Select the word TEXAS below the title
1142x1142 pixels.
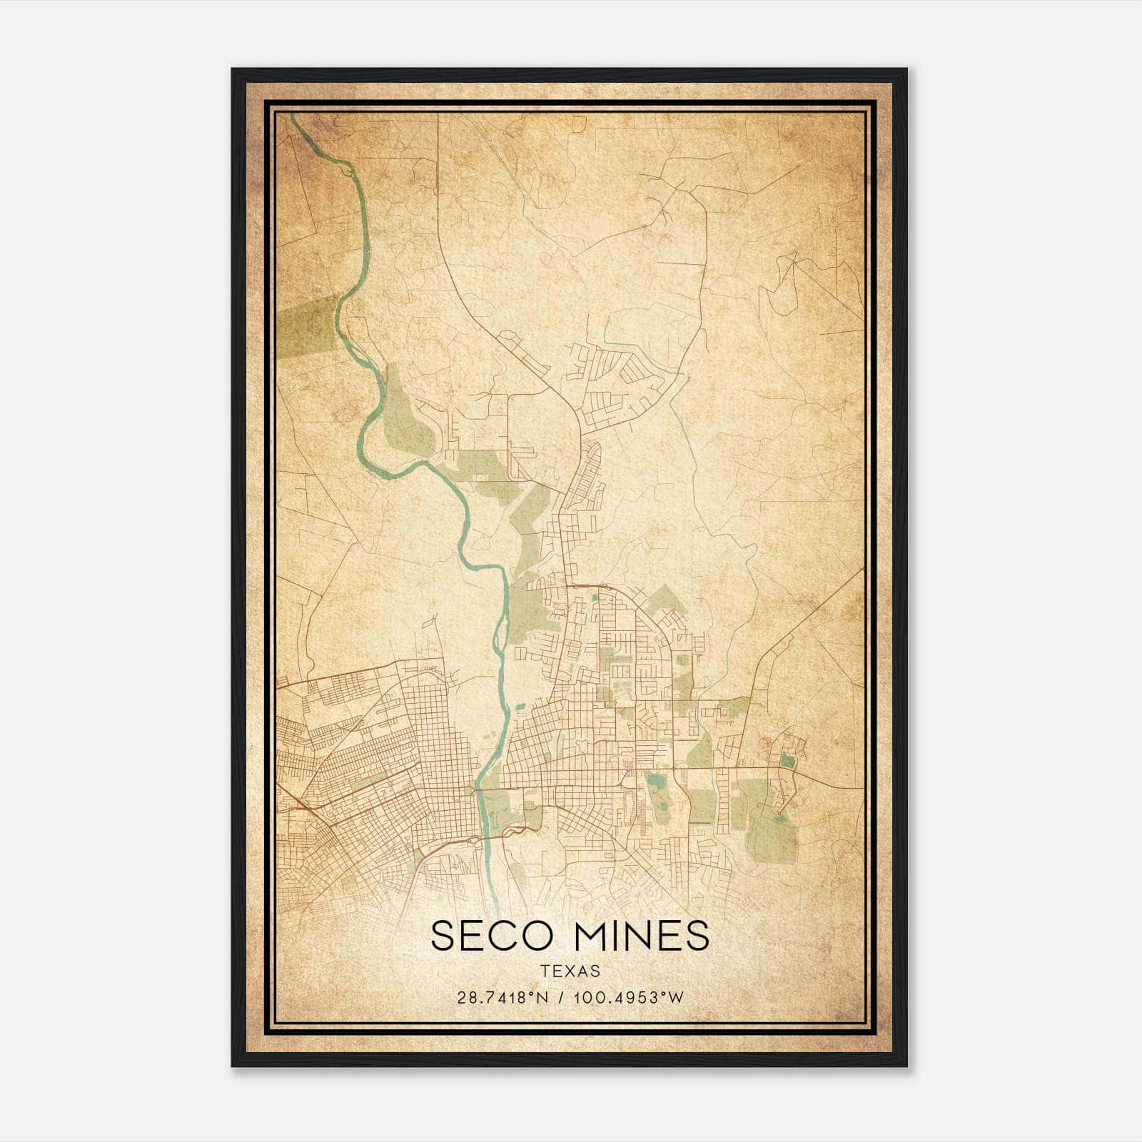(570, 971)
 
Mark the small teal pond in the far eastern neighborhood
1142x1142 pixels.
(787, 759)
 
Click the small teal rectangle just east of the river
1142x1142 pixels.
(520, 707)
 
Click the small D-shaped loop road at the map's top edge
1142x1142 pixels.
(580, 123)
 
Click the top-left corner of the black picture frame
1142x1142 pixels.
(233, 69)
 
